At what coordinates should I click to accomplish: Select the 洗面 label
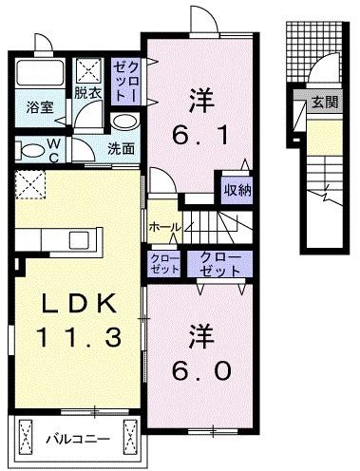click(x=120, y=148)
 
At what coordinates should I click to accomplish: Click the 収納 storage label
click(x=237, y=191)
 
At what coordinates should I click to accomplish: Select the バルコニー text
click(x=78, y=440)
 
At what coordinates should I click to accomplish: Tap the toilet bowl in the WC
click(x=30, y=149)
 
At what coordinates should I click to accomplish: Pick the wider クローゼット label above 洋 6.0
click(x=220, y=263)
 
